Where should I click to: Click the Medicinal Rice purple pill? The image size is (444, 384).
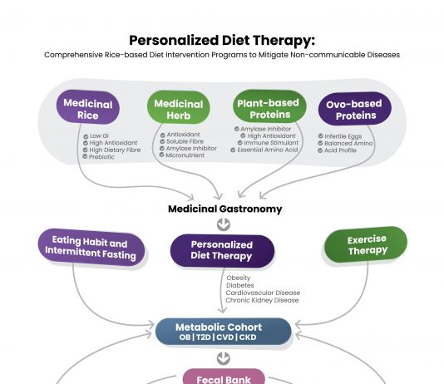(88, 107)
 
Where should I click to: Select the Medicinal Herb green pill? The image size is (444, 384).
(179, 107)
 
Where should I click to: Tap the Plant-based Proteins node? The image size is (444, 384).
(269, 106)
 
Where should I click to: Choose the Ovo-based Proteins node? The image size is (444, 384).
(355, 108)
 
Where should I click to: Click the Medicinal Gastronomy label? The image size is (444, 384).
(225, 209)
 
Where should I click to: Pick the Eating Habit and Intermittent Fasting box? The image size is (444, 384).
(91, 248)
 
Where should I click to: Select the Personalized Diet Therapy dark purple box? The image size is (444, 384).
(222, 251)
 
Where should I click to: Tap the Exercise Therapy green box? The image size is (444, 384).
(366, 244)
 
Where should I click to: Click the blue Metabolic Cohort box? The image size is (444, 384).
(224, 332)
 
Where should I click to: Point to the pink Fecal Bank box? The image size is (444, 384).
(224, 377)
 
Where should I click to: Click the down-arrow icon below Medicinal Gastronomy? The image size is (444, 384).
(224, 224)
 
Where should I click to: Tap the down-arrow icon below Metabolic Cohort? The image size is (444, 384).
(224, 358)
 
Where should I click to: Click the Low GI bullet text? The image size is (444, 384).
(99, 135)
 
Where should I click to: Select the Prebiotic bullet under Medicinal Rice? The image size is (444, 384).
(101, 157)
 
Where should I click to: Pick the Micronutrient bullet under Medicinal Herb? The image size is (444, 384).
(185, 155)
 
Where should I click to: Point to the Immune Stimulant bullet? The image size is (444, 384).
(271, 143)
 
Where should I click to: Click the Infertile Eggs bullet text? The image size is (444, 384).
(343, 136)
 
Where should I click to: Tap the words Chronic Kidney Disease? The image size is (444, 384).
(262, 300)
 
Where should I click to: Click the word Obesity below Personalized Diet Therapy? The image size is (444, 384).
(239, 278)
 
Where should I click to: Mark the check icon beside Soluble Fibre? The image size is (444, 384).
(162, 141)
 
